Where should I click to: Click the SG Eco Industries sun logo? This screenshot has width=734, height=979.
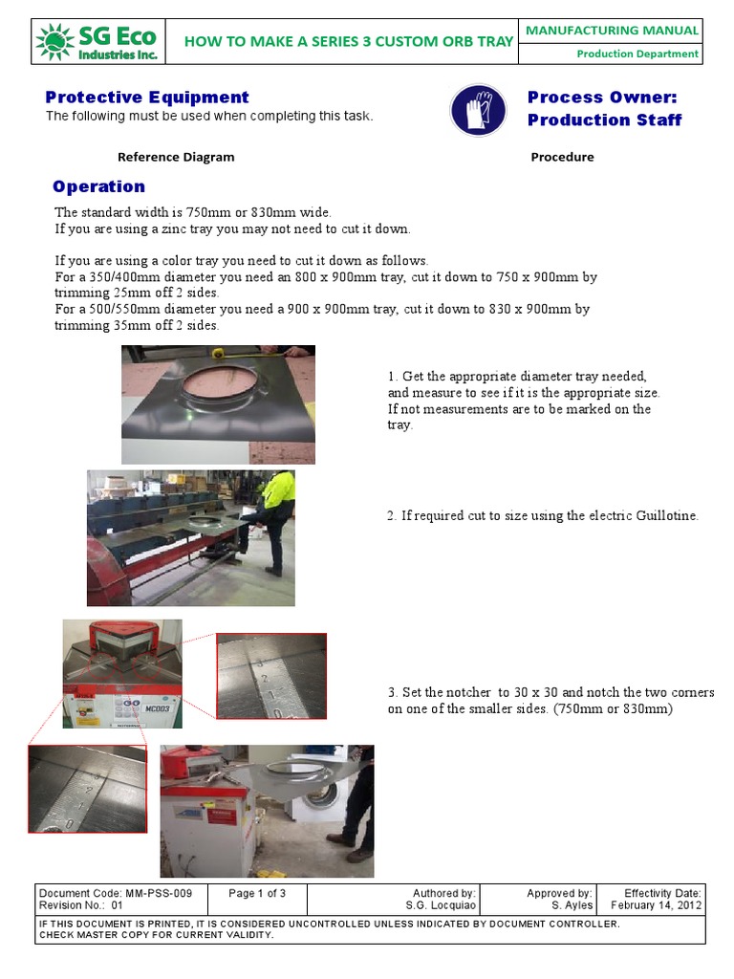54,41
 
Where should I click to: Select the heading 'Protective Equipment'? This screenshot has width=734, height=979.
147,98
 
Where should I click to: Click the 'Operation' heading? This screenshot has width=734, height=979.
99,186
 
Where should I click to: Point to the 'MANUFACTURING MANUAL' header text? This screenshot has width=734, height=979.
613,31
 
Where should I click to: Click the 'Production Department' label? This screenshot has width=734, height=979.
637,54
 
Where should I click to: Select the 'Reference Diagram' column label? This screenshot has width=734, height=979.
176,157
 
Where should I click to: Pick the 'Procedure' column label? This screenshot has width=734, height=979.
562,157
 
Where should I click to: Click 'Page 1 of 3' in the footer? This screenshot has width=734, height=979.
257,893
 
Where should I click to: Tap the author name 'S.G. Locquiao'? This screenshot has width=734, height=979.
441,905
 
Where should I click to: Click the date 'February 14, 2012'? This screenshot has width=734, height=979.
656,905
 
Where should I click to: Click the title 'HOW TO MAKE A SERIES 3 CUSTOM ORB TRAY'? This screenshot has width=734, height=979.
348,41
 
